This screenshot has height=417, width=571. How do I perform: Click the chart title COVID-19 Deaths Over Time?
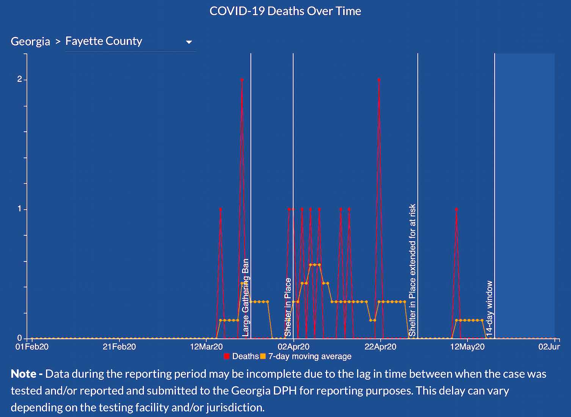coord(285,11)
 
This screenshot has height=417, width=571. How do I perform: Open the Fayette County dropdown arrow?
coord(189,42)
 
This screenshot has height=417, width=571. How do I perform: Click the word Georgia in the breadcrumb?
coord(30,41)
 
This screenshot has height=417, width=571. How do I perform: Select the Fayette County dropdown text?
coord(104,41)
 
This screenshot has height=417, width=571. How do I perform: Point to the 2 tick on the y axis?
coord(20,79)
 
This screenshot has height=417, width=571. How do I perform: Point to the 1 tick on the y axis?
coord(20,209)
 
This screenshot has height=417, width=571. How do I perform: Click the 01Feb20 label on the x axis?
coord(32,347)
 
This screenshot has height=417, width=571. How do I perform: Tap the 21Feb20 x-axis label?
coord(119,347)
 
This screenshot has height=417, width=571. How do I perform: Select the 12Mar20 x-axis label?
coord(206,347)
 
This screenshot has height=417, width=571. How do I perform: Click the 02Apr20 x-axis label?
coord(293,347)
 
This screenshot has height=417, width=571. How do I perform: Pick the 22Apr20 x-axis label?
coord(380,347)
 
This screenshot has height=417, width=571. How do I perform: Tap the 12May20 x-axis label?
coord(467,347)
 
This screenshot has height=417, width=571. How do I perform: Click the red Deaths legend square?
coord(227,356)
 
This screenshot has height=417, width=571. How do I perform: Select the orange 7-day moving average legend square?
coord(263,356)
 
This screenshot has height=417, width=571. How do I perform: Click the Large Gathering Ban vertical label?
coord(246,297)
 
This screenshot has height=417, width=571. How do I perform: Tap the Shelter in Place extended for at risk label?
coord(413,270)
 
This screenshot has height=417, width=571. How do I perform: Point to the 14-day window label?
coord(489,308)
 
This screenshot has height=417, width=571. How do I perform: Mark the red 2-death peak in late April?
coord(379,80)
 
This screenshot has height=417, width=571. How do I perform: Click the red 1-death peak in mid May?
coord(456,209)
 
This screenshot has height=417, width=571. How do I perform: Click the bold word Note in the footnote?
coord(24,374)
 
